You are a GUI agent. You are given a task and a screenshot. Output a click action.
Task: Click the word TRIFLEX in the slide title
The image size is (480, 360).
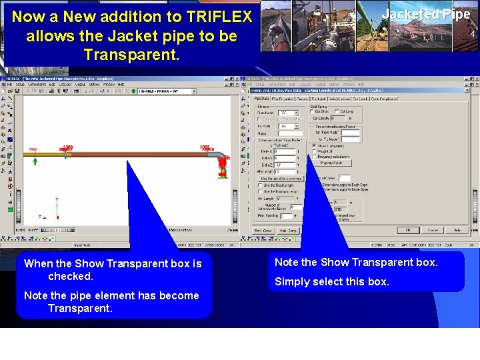tap(219, 17)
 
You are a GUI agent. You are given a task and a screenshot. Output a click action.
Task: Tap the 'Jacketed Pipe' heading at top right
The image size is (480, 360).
tap(425, 14)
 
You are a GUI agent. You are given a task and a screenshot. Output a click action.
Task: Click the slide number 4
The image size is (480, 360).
tap(472, 34)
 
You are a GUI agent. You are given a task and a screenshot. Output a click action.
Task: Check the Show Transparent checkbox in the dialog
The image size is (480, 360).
tap(314, 145)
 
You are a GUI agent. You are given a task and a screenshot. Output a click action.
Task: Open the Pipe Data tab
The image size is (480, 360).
tap(261, 99)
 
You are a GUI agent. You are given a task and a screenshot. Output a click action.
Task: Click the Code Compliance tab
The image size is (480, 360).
tap(384, 99)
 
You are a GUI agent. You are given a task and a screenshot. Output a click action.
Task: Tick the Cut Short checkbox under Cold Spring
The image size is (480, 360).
tap(314, 111)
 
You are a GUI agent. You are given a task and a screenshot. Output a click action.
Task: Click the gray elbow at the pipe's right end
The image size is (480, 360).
tap(217, 156)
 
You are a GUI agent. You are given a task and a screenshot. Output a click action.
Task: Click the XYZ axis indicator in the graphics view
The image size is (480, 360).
tap(54, 210)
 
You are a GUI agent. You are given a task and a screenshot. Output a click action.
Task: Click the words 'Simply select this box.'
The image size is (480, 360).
tap(332, 281)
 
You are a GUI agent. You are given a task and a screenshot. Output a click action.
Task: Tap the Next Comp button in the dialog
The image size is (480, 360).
tap(288, 231)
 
